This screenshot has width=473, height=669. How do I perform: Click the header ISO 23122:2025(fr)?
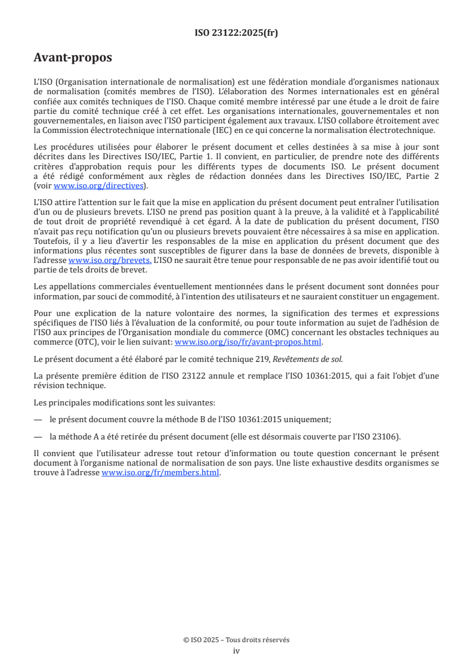236,33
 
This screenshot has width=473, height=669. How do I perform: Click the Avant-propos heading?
73,58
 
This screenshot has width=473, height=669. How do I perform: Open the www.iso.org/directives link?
98,185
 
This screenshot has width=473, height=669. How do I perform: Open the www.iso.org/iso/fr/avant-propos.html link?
248,342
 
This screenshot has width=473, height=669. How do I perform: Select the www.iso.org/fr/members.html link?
160,472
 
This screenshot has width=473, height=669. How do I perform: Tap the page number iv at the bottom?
236,651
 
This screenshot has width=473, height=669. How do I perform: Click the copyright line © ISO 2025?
236,640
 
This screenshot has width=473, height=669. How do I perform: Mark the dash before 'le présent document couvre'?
38,419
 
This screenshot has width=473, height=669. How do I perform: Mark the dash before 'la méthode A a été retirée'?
38,436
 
